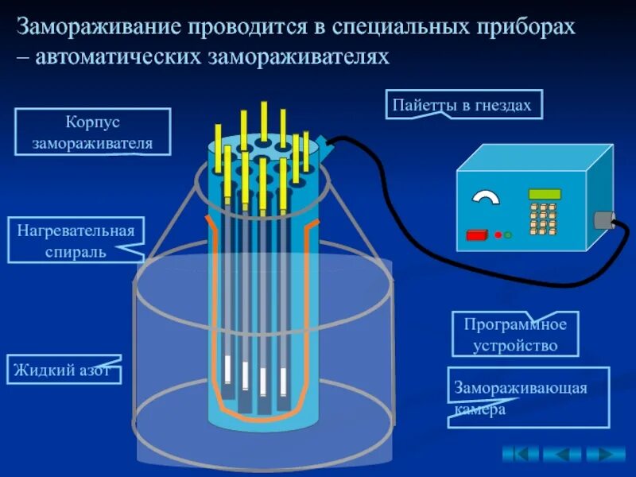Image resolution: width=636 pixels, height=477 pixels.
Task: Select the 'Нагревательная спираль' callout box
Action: tap(76, 240)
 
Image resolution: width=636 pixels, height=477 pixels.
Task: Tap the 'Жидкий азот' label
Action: tap(64, 370)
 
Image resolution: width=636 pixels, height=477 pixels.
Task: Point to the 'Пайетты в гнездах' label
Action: tap(464, 105)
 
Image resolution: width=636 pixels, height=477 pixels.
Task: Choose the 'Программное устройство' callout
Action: tap(514, 334)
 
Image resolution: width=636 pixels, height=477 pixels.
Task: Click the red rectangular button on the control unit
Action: tap(478, 235)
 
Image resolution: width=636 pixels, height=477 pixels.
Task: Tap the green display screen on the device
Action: tap(545, 194)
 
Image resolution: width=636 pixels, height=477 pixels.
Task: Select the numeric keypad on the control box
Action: tap(543, 219)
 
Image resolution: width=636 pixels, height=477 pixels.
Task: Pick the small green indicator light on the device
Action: tap(507, 235)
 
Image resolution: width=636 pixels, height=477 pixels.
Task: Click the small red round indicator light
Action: tap(498, 235)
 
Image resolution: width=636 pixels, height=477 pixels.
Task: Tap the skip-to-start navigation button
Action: tap(520, 454)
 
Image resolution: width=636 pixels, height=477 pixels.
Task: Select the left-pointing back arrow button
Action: tap(562, 454)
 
